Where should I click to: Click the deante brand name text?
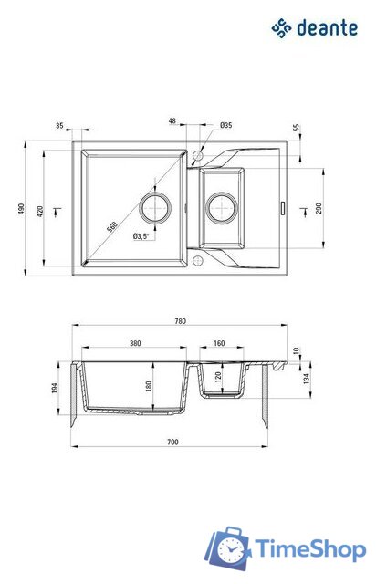click(327, 28)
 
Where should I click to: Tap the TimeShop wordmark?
click(310, 549)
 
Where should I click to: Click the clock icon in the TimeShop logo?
click(232, 549)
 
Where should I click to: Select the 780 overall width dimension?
click(180, 321)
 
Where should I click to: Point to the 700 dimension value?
click(172, 442)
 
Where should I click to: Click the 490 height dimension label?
click(21, 209)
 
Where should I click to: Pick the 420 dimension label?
click(40, 211)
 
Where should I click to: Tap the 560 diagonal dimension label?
click(112, 226)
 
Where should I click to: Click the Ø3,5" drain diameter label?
click(141, 235)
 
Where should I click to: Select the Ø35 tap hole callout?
click(225, 125)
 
